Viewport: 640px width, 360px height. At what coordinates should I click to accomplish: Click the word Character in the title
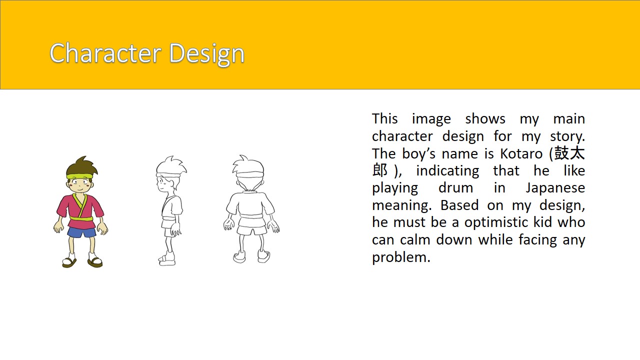[x=105, y=53]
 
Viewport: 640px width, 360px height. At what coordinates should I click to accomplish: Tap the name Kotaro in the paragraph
[x=521, y=153]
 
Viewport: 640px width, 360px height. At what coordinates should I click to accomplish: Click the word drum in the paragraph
[x=455, y=188]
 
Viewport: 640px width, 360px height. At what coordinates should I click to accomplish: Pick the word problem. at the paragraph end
[x=401, y=257]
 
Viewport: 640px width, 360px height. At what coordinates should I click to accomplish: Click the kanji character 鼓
[x=562, y=153]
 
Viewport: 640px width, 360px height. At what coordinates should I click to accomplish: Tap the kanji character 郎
[x=380, y=170]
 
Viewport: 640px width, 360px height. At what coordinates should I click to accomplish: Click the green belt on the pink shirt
[x=81, y=218]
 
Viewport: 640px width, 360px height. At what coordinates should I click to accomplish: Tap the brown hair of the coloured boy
[x=81, y=166]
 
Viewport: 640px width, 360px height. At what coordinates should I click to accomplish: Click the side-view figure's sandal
[x=167, y=259]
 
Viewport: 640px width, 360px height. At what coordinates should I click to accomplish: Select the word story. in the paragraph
[x=567, y=137]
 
